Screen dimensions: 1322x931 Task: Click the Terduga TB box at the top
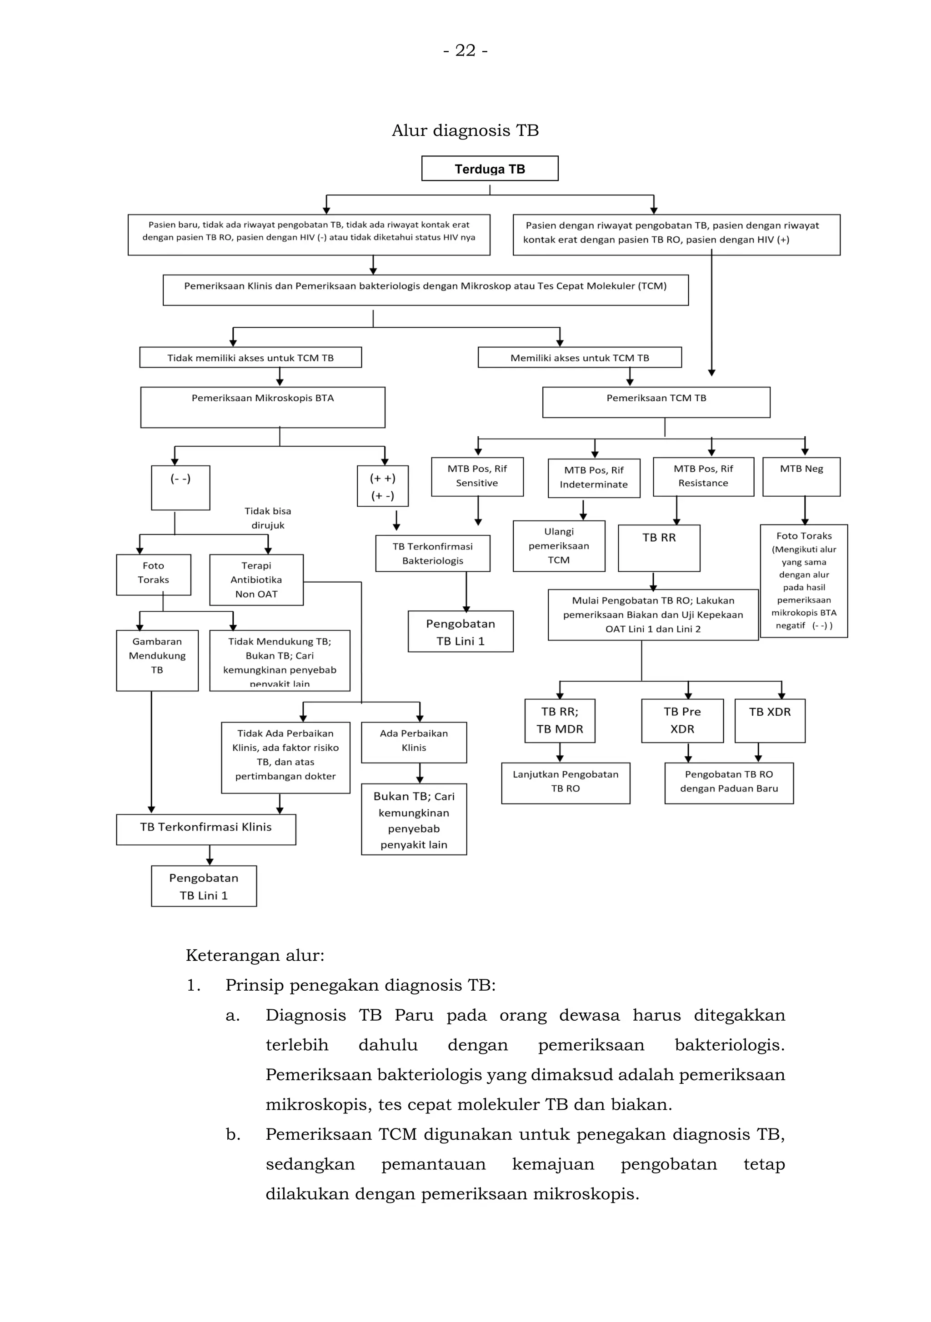click(489, 169)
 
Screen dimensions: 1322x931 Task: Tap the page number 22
click(465, 50)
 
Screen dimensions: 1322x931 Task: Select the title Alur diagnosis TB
click(465, 130)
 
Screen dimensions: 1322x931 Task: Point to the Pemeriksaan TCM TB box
click(656, 401)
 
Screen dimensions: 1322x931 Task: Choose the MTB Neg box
click(801, 476)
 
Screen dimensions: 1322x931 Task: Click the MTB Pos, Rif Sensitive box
click(477, 476)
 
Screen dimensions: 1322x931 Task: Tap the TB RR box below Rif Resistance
click(659, 547)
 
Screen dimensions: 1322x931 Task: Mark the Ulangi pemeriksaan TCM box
click(558, 545)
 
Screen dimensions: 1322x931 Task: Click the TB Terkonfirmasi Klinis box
click(205, 828)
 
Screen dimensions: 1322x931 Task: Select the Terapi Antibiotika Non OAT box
click(256, 579)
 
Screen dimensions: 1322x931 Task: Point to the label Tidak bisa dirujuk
click(267, 518)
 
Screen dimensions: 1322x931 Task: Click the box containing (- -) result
click(180, 487)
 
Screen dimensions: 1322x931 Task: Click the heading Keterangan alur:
click(255, 955)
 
